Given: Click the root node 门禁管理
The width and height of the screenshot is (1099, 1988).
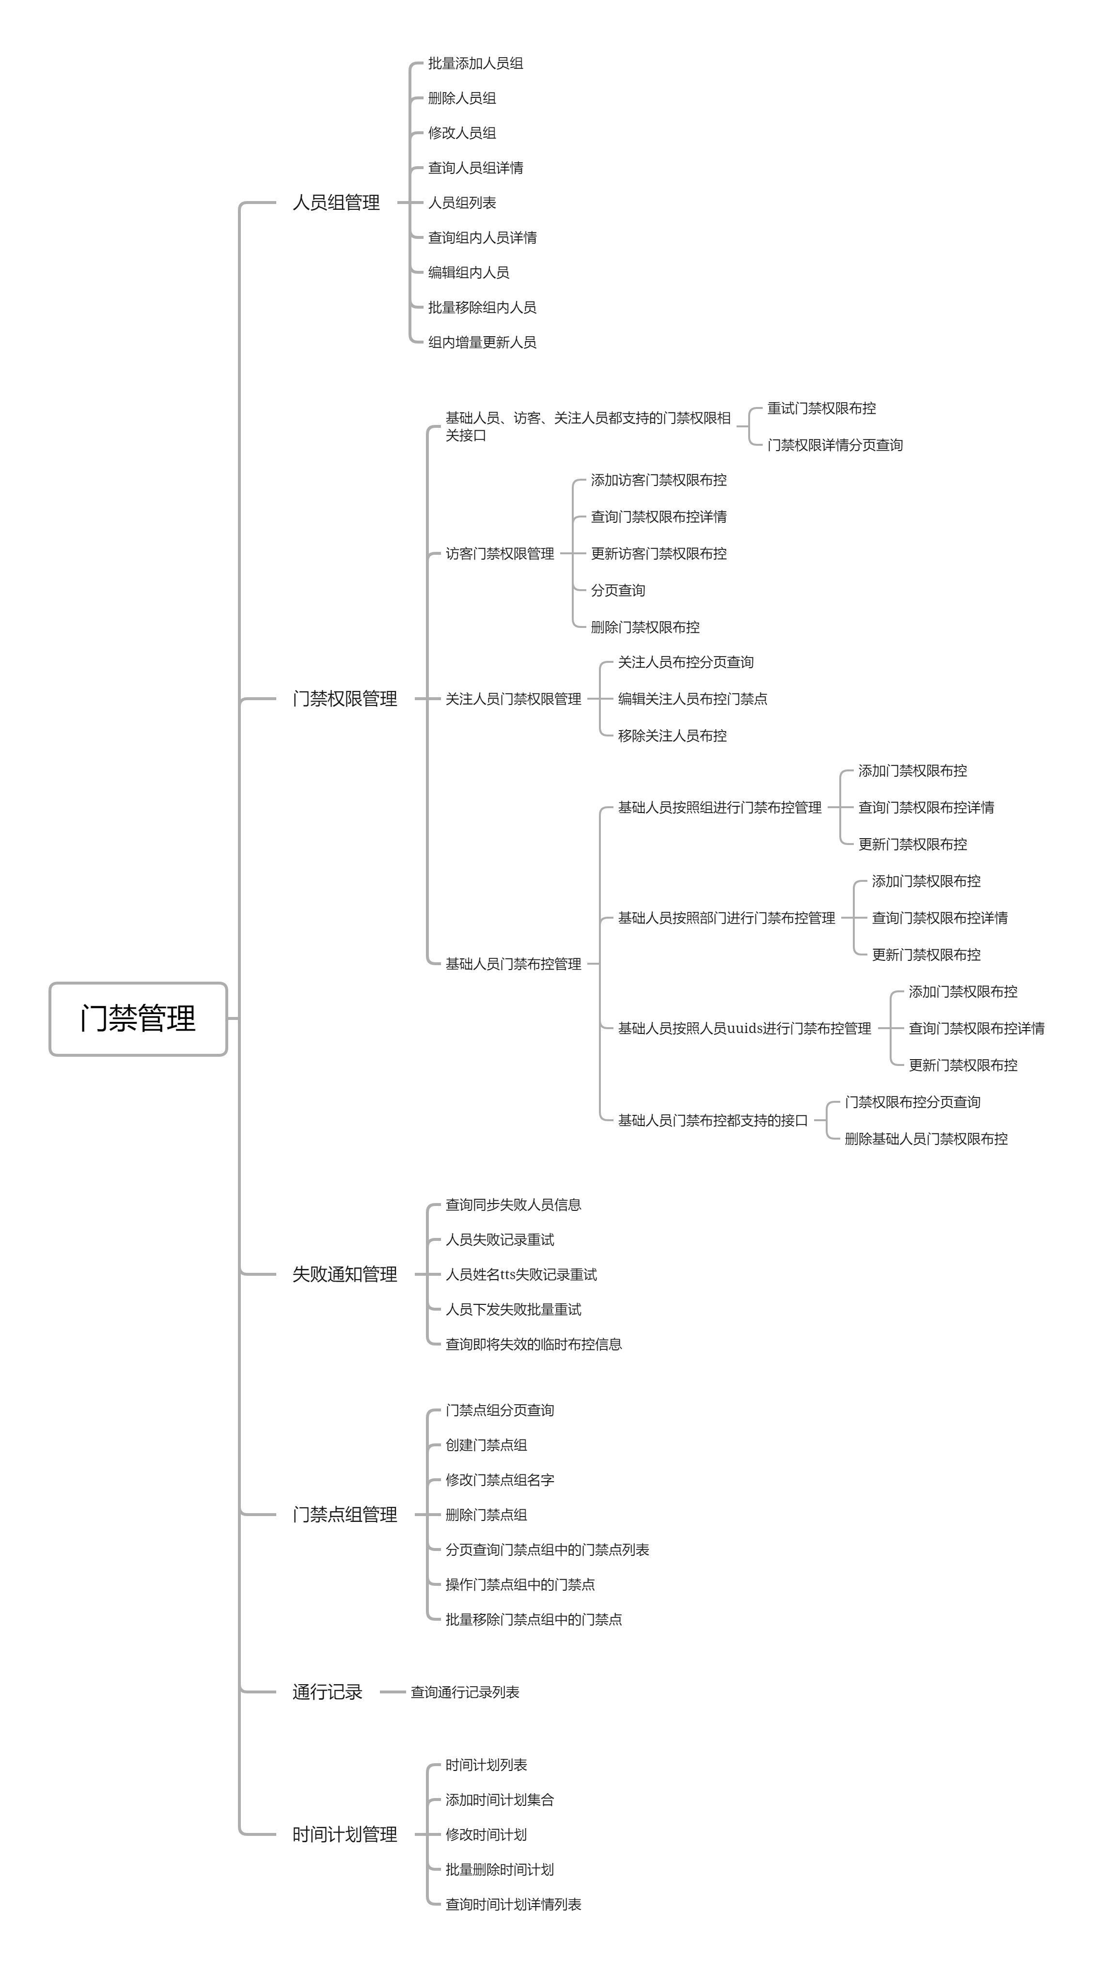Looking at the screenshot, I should click(x=138, y=1018).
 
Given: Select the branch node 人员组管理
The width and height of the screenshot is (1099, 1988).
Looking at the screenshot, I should click(x=336, y=202).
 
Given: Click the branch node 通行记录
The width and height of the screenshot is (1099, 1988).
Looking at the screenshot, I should click(x=327, y=1691).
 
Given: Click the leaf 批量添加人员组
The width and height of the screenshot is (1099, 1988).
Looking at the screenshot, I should click(x=475, y=63).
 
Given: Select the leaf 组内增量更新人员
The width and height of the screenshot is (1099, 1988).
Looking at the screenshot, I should click(x=482, y=342).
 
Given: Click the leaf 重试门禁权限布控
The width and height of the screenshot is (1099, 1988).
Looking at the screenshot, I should click(x=821, y=408).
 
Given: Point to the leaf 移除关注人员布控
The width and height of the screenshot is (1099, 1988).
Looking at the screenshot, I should click(x=672, y=736).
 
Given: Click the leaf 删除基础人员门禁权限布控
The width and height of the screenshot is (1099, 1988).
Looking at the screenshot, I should click(x=926, y=1138).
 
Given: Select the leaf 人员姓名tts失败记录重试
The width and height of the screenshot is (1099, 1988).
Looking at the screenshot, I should click(x=521, y=1274).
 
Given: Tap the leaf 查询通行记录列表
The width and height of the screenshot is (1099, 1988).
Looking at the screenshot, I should click(x=465, y=1691).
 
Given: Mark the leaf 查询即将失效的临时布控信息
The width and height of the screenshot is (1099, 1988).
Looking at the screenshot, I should click(x=534, y=1344).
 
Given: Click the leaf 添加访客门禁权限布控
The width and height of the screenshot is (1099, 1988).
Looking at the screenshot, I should click(x=659, y=480).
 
